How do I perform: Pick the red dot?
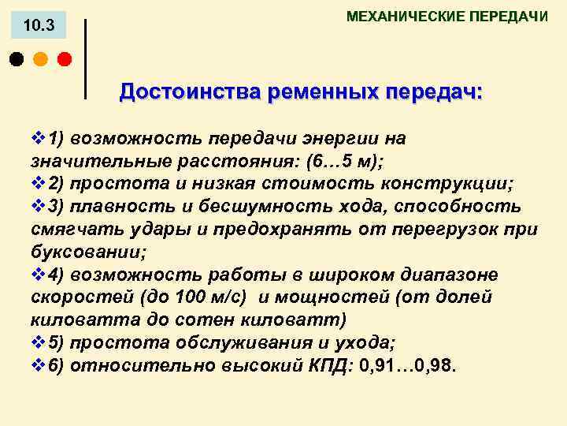pos(64,58)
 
